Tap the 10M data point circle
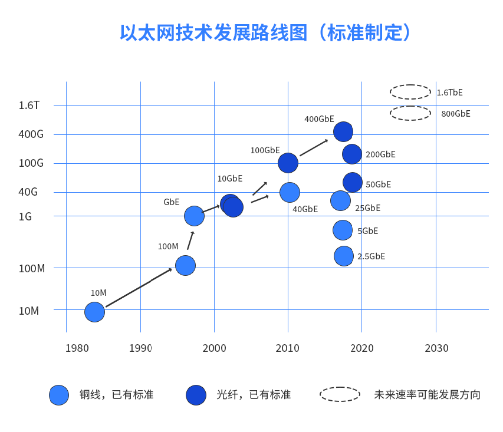point(94,312)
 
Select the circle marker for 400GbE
point(343,131)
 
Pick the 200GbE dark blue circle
point(351,154)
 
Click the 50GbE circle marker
point(352,183)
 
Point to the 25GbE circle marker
point(340,201)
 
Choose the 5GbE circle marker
point(343,230)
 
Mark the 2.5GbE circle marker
point(344,256)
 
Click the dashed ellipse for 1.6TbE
point(410,92)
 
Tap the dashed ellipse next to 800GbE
point(410,113)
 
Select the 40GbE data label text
point(305,209)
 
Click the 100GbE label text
point(265,150)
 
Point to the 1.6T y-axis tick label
point(29,105)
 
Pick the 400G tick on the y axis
point(31,134)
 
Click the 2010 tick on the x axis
point(288,348)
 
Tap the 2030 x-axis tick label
point(436,348)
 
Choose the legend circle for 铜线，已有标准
point(59,395)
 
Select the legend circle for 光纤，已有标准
point(196,395)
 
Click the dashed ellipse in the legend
point(340,394)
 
